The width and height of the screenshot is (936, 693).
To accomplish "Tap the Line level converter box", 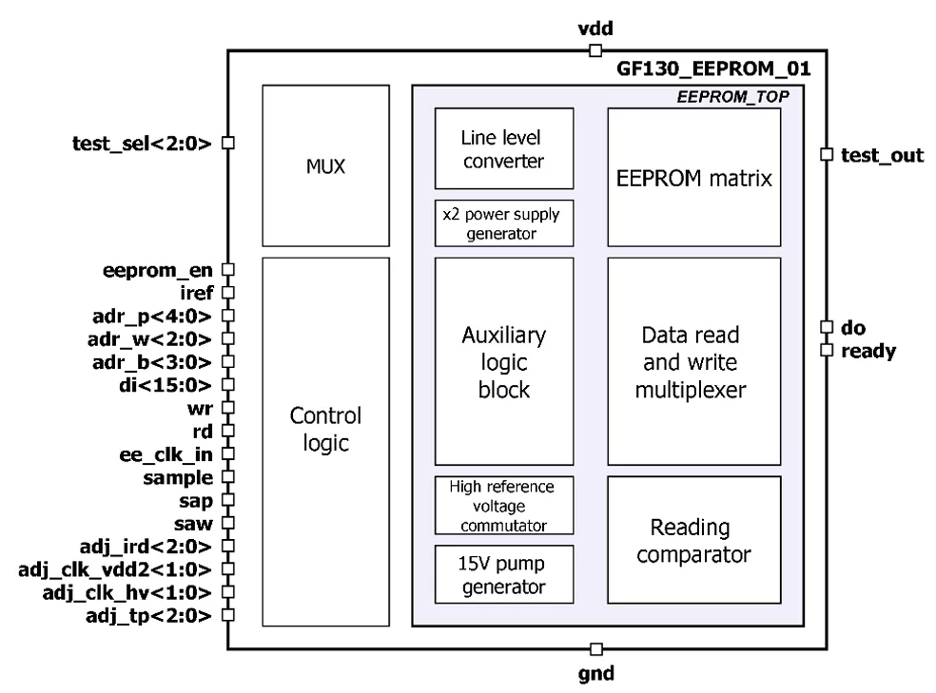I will [504, 148].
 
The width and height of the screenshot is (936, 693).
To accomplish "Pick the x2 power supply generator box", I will [504, 222].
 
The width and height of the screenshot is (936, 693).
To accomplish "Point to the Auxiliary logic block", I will [504, 360].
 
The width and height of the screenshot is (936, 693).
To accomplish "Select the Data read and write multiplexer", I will [693, 360].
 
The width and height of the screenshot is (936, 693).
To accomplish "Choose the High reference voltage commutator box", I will [504, 505].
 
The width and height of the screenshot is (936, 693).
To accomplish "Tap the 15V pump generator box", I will [504, 573].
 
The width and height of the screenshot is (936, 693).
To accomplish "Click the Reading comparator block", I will [693, 539].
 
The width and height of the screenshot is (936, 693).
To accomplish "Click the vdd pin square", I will [595, 50].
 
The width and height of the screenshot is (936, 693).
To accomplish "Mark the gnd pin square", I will [595, 649].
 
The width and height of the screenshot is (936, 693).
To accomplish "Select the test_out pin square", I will [827, 154].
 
